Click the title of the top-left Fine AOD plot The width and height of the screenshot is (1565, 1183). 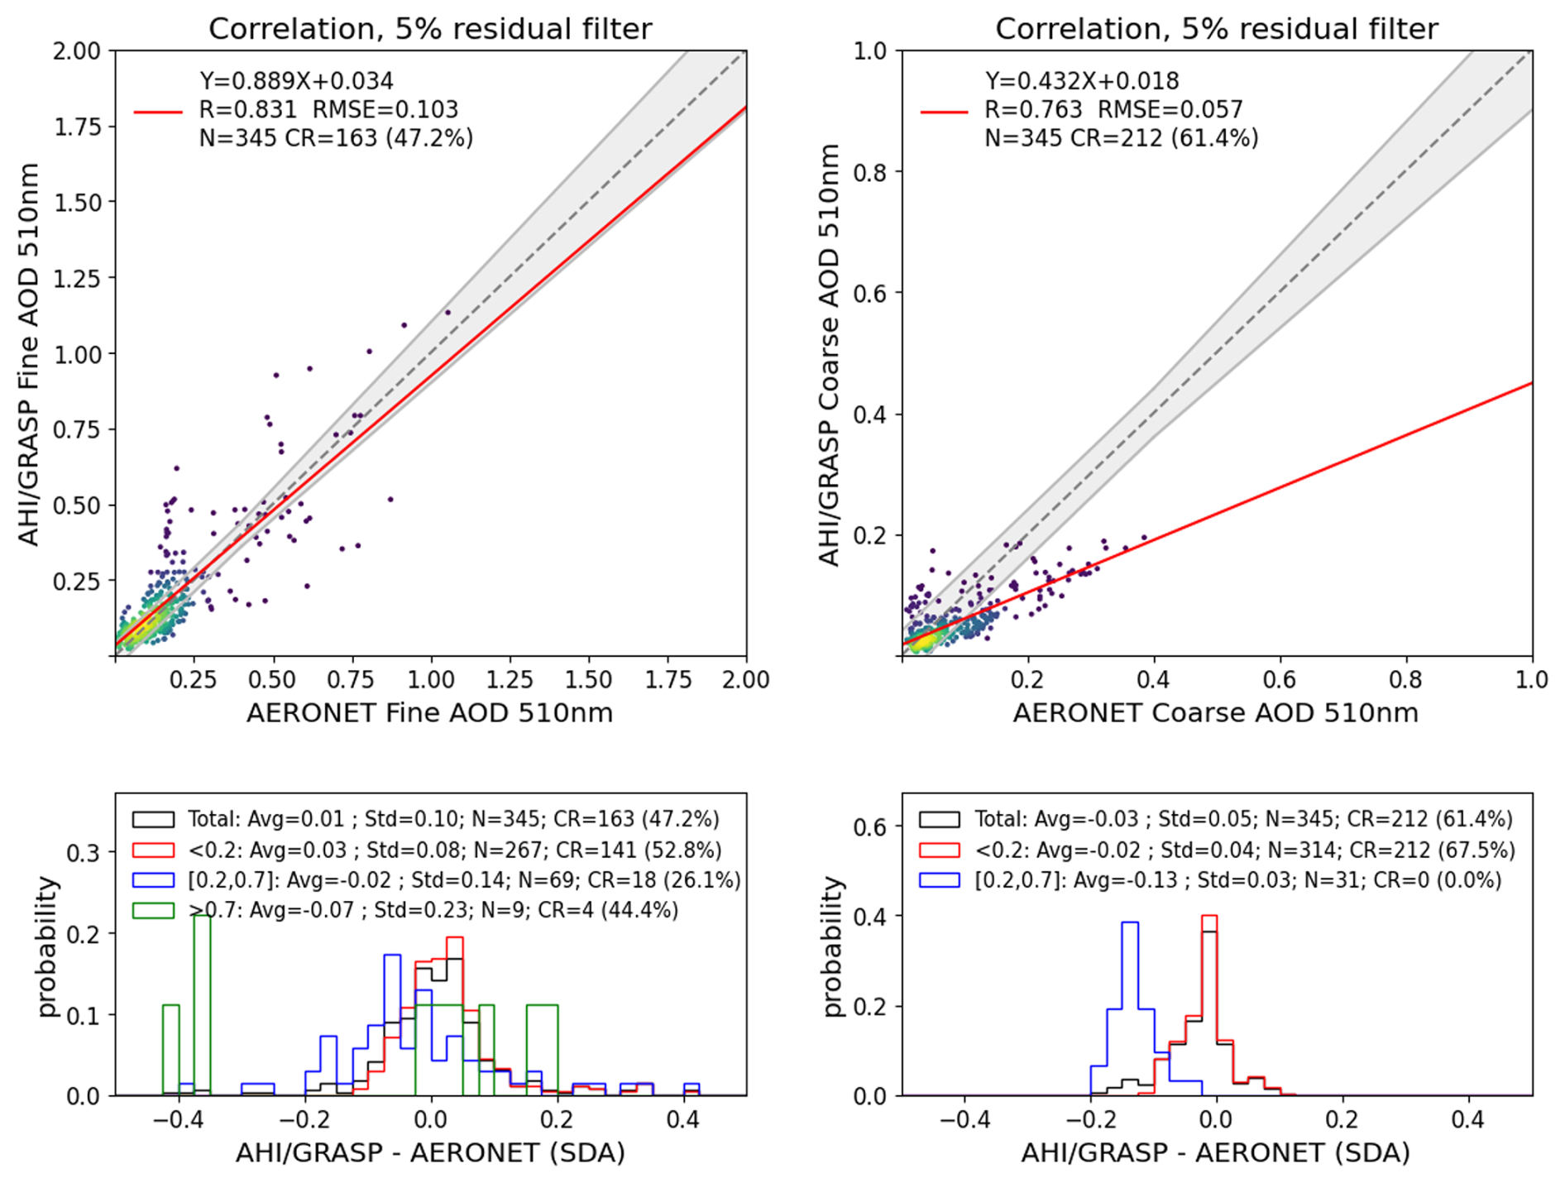(x=430, y=29)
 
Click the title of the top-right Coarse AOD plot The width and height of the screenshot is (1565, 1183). (x=1216, y=29)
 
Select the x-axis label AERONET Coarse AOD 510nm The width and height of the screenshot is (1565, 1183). (x=1215, y=712)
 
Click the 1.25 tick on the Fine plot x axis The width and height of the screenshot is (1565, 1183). (x=510, y=680)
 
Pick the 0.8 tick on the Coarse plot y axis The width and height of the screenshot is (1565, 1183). (x=870, y=172)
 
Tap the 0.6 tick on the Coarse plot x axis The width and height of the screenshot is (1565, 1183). (x=1280, y=680)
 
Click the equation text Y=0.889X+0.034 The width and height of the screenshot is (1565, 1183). (x=296, y=81)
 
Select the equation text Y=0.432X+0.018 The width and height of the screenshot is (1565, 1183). (x=1082, y=81)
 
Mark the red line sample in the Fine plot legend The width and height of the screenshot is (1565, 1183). (x=158, y=112)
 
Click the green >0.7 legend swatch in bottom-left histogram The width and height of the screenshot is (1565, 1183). (x=153, y=910)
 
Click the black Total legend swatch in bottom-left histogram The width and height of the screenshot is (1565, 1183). (x=153, y=819)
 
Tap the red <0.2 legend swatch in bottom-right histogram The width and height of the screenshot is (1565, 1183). (x=939, y=850)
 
